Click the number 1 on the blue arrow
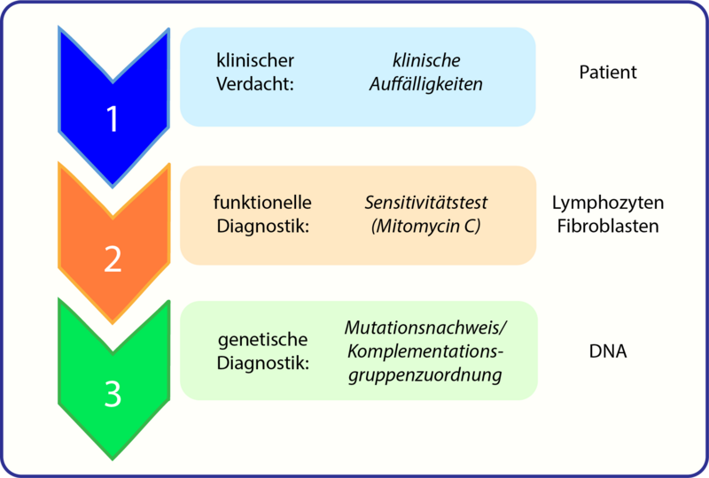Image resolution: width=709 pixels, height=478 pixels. tap(113, 119)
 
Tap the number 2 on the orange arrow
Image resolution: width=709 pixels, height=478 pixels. tap(113, 258)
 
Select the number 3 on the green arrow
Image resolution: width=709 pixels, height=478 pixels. tap(113, 394)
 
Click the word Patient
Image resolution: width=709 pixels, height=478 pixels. tap(607, 73)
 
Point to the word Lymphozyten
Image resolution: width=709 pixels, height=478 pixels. tap(607, 203)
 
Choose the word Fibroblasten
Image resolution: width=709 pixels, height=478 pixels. tap(607, 226)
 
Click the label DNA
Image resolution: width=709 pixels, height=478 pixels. tap(607, 351)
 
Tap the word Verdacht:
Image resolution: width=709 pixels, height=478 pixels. tap(254, 85)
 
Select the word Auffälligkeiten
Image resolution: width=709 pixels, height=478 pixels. tap(426, 85)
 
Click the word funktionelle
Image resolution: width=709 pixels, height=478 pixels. tap(264, 203)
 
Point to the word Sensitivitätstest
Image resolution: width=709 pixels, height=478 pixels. tap(426, 203)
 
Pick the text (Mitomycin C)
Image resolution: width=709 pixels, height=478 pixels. tap(426, 226)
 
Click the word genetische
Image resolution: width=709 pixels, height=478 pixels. tap(262, 340)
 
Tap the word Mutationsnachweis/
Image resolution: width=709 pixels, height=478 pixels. tap(426, 328)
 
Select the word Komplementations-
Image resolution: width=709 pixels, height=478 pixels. tap(426, 351)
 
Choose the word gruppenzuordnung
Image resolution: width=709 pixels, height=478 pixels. tap(426, 374)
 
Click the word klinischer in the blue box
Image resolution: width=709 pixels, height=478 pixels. tap(255, 61)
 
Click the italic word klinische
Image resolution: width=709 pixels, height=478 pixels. tap(426, 61)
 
